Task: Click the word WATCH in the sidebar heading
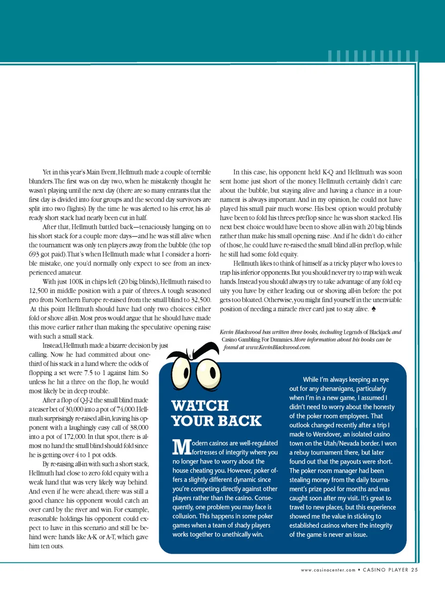point(200,405)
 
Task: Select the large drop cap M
point(181,447)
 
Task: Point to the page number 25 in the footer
point(414,570)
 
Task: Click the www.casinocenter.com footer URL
point(328,570)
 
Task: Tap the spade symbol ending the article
point(374,309)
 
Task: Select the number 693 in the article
point(34,254)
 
